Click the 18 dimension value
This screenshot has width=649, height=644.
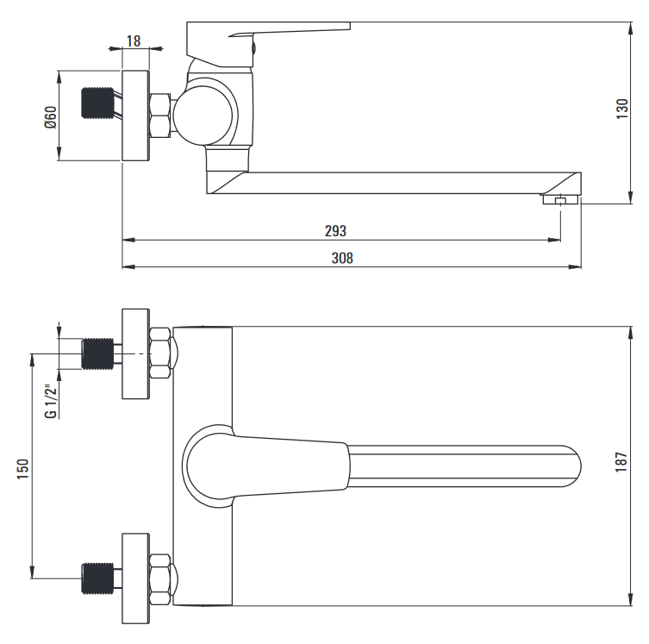tap(134, 41)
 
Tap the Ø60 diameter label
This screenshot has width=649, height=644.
tap(51, 117)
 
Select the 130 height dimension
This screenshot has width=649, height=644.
tap(622, 109)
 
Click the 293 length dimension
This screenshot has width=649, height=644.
tap(335, 231)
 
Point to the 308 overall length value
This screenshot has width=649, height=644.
tap(342, 259)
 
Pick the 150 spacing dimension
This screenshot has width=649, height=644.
tap(22, 469)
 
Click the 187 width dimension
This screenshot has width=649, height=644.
tap(621, 462)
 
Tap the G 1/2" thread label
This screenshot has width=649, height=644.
tap(51, 402)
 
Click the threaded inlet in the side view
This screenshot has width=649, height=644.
tap(97, 103)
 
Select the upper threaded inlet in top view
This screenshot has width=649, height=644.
tap(97, 353)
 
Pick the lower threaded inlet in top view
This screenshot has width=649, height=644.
tap(97, 578)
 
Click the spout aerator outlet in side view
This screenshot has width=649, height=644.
tap(560, 200)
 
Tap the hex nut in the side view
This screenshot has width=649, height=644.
tap(159, 116)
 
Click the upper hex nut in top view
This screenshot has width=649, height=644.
tap(159, 353)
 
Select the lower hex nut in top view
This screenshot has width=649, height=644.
tap(159, 578)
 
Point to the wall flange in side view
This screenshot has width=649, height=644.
tap(135, 116)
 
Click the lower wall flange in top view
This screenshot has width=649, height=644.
tap(135, 578)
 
